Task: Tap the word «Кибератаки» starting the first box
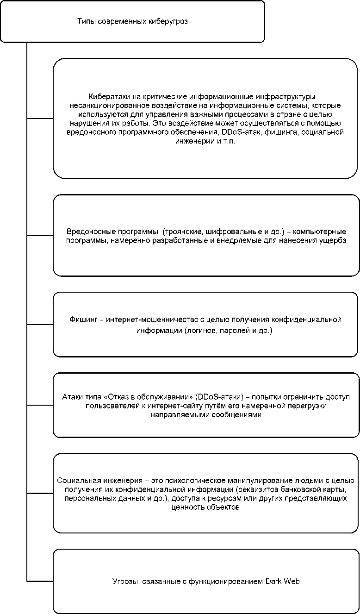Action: coord(107,97)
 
